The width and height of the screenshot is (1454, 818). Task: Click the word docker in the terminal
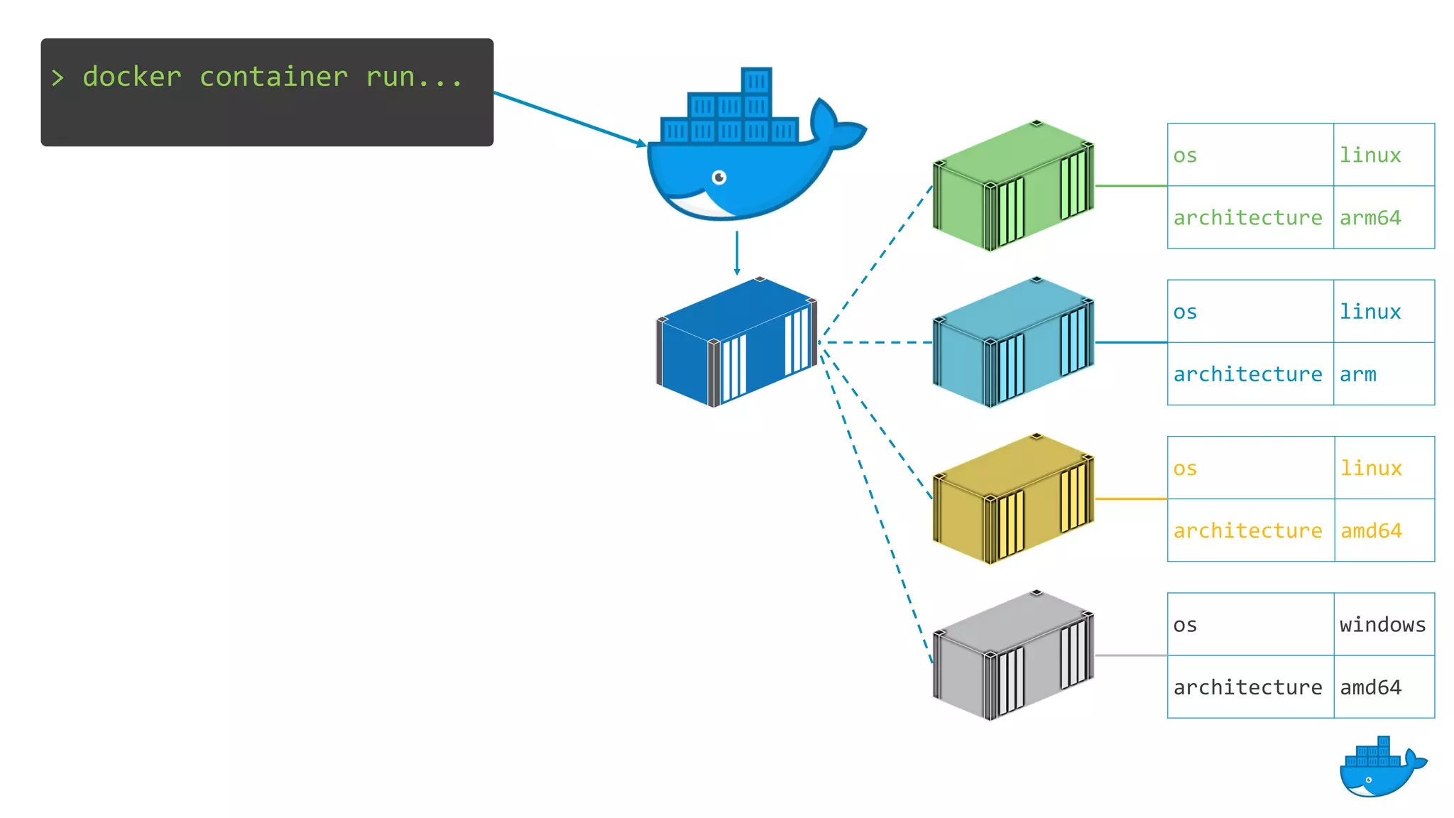pos(132,77)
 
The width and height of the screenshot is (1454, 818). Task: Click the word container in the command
pos(273,77)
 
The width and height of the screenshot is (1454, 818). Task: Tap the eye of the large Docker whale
pos(719,177)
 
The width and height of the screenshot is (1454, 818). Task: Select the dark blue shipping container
pos(736,342)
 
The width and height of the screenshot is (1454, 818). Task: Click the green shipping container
pos(1013,186)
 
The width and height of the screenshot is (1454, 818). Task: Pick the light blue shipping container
pos(1013,342)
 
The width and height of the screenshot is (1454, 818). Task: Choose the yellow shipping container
pos(1013,499)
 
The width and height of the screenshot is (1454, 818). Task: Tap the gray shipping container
pos(1013,655)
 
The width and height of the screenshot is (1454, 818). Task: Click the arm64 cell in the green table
pos(1383,217)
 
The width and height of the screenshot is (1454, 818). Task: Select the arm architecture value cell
pos(1383,374)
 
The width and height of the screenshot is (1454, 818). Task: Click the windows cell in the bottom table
pos(1383,624)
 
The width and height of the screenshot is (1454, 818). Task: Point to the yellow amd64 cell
pos(1383,530)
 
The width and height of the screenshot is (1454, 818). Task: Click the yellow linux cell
pos(1383,468)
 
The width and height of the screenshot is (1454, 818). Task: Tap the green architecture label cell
pos(1250,217)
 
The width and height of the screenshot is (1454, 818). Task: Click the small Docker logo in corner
pos(1381,768)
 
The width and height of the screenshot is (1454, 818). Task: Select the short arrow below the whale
pos(737,253)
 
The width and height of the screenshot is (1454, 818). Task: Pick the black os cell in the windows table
pos(1250,624)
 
